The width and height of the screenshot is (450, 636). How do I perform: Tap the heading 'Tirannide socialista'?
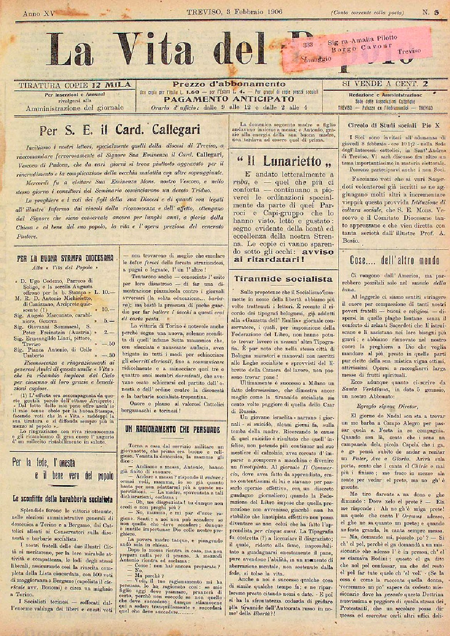tap(283, 279)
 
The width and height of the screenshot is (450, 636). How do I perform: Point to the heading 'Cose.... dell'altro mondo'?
tap(394, 260)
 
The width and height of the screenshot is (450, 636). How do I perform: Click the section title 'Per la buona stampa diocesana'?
tap(65, 258)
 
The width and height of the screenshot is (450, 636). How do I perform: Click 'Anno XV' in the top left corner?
tap(39, 13)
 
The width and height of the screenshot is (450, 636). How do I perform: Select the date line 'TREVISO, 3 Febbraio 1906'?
tap(234, 12)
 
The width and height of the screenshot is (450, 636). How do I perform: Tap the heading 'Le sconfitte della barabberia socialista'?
tap(63, 499)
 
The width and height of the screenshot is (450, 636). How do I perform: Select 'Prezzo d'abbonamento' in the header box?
tap(229, 84)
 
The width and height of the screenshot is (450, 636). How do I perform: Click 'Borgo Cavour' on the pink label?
tap(362, 48)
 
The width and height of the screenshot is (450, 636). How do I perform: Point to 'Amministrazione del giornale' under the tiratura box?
tap(75, 108)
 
